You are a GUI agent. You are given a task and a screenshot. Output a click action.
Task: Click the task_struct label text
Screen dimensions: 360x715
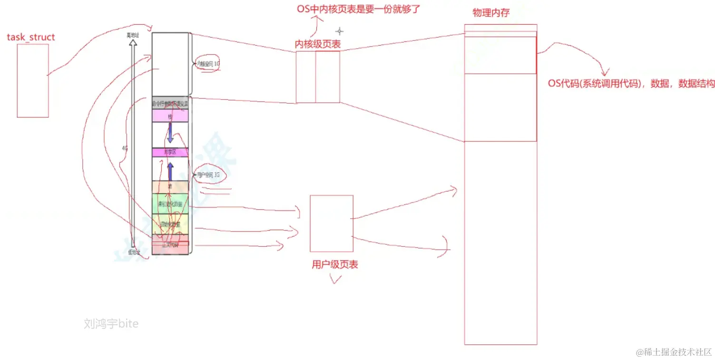tap(31, 37)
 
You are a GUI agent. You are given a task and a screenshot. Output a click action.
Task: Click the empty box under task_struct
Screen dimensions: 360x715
tap(33, 80)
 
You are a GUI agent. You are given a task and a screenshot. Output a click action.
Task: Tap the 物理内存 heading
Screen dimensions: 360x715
tap(491, 13)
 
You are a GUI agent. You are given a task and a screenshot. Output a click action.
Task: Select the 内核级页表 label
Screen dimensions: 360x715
tap(317, 44)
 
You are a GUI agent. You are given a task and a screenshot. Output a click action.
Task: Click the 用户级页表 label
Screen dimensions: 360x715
tap(335, 265)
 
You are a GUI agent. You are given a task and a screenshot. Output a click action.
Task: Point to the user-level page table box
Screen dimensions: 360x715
tap(331, 223)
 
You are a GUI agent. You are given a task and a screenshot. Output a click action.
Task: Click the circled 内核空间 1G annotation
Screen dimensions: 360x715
tap(207, 64)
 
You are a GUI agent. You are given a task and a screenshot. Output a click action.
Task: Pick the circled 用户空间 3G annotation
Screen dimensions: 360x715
tap(208, 175)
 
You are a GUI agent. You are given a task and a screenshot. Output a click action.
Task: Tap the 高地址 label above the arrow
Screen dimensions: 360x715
tap(133, 35)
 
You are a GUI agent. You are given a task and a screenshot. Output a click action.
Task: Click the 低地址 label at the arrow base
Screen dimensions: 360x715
tap(134, 253)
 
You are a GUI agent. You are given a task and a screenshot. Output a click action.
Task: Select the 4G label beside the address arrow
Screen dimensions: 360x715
tap(125, 148)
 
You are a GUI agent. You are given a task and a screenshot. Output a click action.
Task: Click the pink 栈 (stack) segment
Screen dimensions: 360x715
tap(170, 116)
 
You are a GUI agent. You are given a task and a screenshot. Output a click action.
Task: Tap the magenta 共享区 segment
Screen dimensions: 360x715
tap(170, 152)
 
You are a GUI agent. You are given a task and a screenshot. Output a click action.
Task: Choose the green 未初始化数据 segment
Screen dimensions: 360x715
tap(170, 204)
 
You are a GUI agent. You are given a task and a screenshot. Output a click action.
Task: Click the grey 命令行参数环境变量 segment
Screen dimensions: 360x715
tap(170, 103)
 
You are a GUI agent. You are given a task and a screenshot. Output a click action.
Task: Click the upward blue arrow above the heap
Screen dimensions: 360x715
tap(170, 171)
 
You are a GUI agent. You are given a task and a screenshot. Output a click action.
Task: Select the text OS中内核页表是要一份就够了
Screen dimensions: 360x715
tap(359, 9)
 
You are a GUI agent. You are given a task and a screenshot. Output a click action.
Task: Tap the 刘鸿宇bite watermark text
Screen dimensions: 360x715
tap(111, 324)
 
